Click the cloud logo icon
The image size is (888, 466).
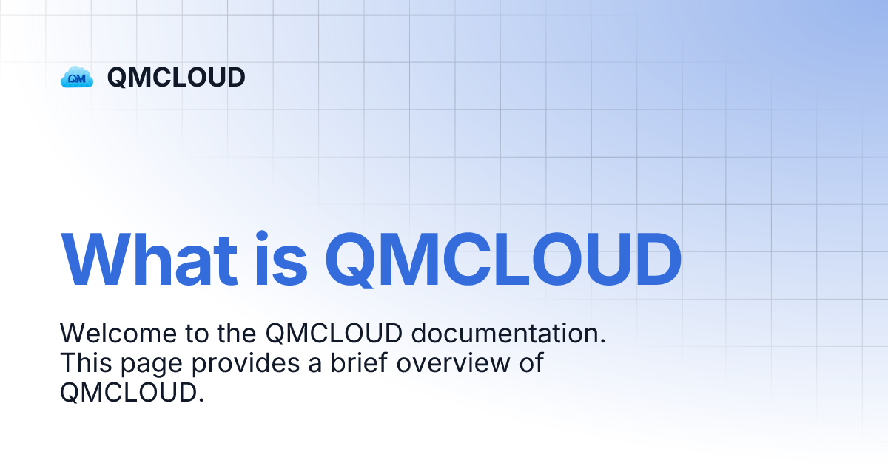coord(77,77)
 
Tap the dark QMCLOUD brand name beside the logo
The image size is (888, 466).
coord(176,77)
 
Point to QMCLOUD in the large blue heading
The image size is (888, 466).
coord(503,260)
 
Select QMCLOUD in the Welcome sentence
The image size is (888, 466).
coord(334,334)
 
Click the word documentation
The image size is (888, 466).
coord(508,334)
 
